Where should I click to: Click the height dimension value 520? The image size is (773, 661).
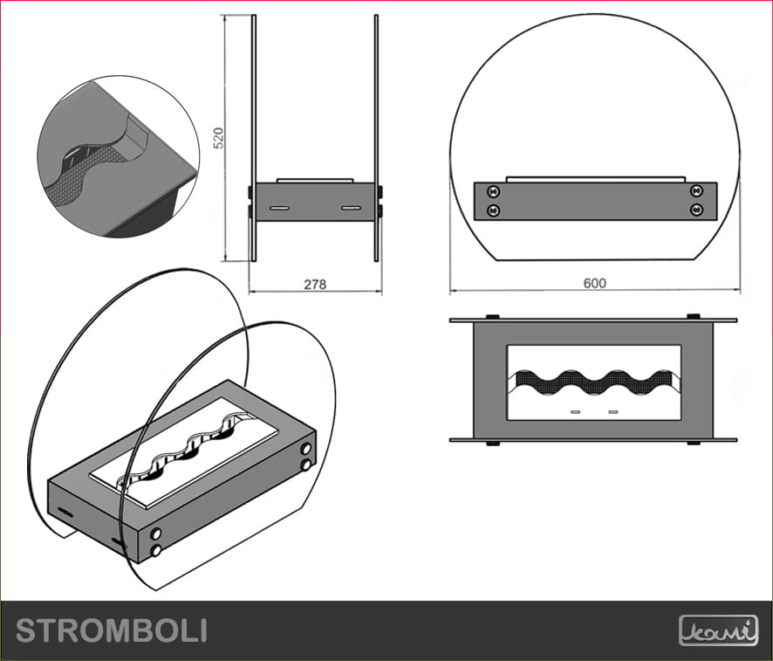coord(220,137)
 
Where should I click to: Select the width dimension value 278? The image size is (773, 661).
coord(317,285)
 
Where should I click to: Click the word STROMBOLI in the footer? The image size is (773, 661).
coord(112,630)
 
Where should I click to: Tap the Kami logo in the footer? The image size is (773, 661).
coord(718,630)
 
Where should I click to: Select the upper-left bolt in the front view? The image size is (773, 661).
coord(493,190)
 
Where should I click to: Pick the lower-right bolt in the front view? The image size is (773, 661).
coord(696,210)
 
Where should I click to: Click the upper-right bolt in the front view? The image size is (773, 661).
coord(696,190)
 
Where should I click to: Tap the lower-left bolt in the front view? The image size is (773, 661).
coord(493,210)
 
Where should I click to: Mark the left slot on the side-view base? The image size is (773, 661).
coord(279,208)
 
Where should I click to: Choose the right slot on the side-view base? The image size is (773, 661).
coord(351,208)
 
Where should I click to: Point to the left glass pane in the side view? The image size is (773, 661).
coord(253,131)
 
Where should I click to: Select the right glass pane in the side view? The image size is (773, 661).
coord(377,131)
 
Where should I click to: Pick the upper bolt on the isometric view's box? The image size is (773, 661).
coord(306,449)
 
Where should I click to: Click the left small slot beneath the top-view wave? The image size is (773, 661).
coord(576,410)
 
